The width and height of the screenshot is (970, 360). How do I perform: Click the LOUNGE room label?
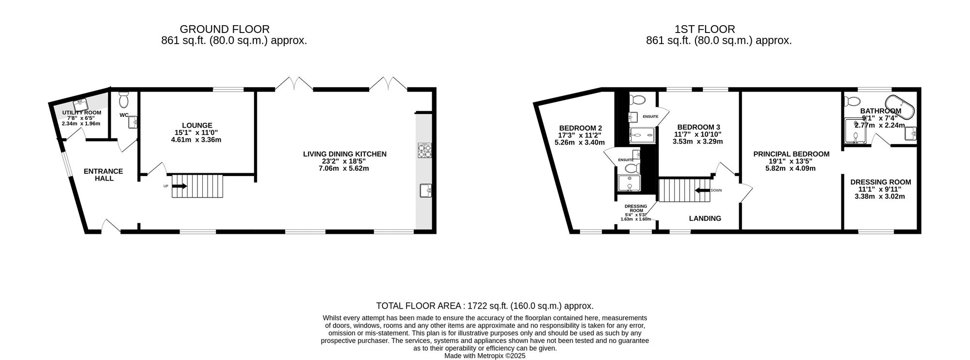(x=197, y=125)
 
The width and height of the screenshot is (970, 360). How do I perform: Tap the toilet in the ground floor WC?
(x=124, y=100)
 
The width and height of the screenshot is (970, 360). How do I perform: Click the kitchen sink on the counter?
(x=425, y=190)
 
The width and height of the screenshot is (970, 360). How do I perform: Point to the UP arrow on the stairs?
(x=179, y=186)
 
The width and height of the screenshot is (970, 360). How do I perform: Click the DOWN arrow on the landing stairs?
(x=702, y=190)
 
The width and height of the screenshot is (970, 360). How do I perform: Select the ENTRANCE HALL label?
(x=103, y=175)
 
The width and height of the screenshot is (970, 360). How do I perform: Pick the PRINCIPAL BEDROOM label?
(x=791, y=154)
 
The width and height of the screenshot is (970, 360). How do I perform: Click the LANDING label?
(x=705, y=218)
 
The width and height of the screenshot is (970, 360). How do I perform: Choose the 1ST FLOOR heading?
(x=705, y=29)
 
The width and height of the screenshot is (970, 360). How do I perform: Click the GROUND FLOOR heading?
(x=225, y=29)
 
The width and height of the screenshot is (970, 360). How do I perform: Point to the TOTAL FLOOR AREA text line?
(x=485, y=306)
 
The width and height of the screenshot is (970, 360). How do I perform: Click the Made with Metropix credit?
(x=485, y=356)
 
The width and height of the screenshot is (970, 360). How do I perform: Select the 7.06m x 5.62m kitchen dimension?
(x=344, y=168)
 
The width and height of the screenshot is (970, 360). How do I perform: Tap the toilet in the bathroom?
(x=852, y=102)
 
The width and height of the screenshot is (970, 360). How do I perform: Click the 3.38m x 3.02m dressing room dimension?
(x=880, y=196)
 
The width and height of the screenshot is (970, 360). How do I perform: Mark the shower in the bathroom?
(x=855, y=132)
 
